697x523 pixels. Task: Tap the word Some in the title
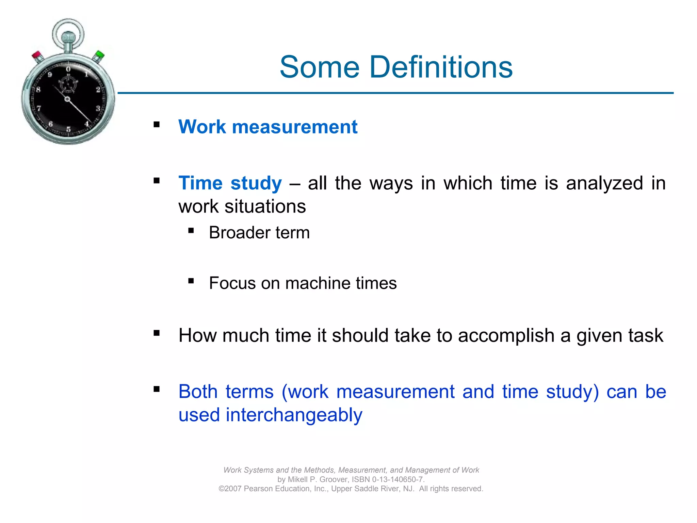(x=320, y=67)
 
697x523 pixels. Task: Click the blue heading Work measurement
(x=268, y=127)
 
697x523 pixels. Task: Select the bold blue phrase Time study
(x=230, y=183)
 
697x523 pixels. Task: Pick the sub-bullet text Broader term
(x=259, y=233)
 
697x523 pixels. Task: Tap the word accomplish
(x=506, y=336)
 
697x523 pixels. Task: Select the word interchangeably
(x=294, y=415)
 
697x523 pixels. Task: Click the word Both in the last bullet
(x=198, y=392)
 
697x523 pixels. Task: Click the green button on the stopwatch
(x=99, y=55)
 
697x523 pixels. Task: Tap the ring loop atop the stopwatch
(x=68, y=33)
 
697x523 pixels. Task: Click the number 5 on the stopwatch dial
(x=68, y=129)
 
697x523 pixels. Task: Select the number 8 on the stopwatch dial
(x=38, y=90)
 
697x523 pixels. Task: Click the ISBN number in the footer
(x=397, y=479)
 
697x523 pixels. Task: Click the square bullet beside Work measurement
(x=157, y=125)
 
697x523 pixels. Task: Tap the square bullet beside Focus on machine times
(x=191, y=281)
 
